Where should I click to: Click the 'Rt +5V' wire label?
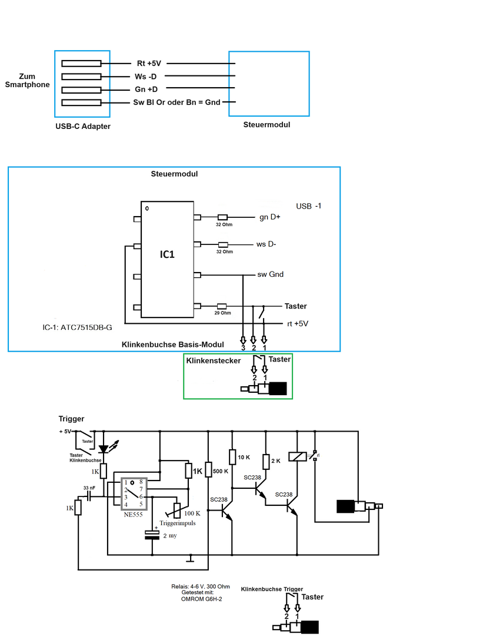(x=148, y=64)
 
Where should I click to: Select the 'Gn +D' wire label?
(x=146, y=90)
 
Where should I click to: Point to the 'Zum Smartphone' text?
(x=26, y=81)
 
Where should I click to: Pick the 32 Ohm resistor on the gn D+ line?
(x=222, y=217)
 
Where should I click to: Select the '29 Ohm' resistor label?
(x=222, y=313)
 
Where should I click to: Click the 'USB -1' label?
(x=309, y=206)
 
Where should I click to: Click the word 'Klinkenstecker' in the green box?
(x=214, y=360)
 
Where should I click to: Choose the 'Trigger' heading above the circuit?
(x=71, y=419)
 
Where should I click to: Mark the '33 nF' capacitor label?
(x=89, y=488)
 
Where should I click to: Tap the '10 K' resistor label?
(x=244, y=457)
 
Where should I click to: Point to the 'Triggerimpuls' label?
(x=177, y=522)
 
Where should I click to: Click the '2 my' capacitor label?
(x=169, y=536)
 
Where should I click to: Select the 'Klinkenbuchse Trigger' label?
(x=272, y=588)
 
